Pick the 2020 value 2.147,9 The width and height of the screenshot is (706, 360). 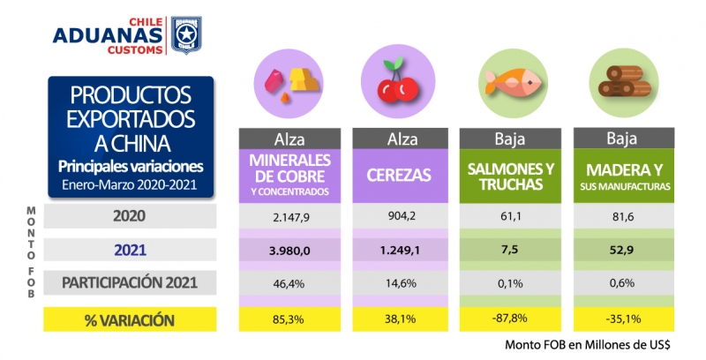[x=289, y=215]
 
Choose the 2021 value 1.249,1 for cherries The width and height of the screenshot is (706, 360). [x=403, y=251]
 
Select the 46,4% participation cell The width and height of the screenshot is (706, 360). [x=289, y=284]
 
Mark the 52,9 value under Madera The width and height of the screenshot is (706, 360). [x=624, y=251]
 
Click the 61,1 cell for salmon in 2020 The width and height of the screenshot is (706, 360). [x=514, y=215]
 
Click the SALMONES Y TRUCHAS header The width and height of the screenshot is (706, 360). [x=514, y=174]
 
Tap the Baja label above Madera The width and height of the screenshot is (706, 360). [x=624, y=139]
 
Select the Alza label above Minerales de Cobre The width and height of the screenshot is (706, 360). [x=289, y=139]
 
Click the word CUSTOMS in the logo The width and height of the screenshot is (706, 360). [x=134, y=50]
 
